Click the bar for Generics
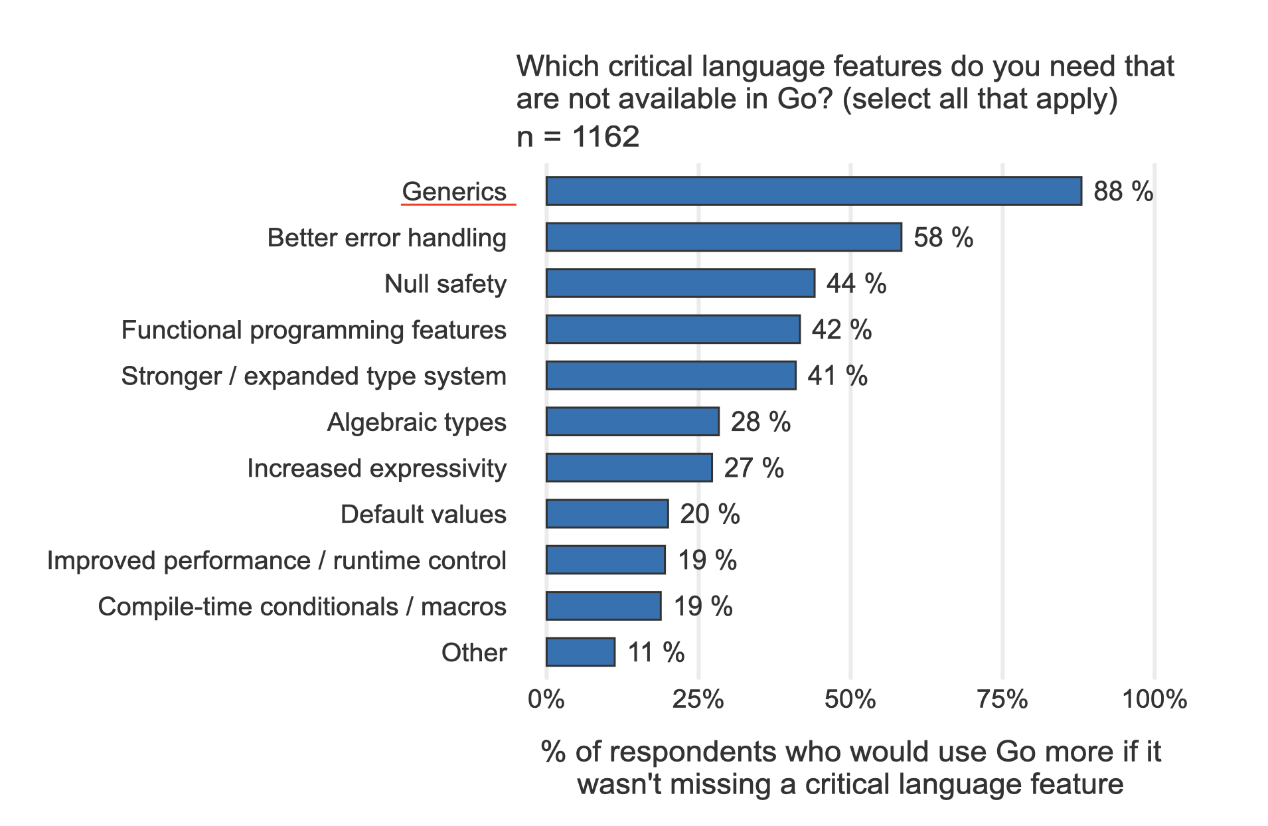pyautogui.click(x=813, y=191)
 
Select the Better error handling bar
pyautogui.click(x=724, y=238)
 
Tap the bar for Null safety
pyautogui.click(x=680, y=284)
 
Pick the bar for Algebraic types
pyautogui.click(x=632, y=422)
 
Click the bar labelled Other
pyautogui.click(x=580, y=652)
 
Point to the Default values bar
pyautogui.click(x=607, y=514)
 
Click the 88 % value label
pyautogui.click(x=1123, y=191)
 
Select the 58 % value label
pyautogui.click(x=943, y=238)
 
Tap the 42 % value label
pyautogui.click(x=841, y=330)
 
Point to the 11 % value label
pyautogui.click(x=655, y=652)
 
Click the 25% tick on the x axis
pyautogui.click(x=698, y=699)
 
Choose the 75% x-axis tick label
pyautogui.click(x=1002, y=699)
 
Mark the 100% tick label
pyautogui.click(x=1154, y=699)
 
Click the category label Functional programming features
pyautogui.click(x=313, y=330)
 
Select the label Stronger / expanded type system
pyautogui.click(x=313, y=376)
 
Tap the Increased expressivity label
pyautogui.click(x=376, y=468)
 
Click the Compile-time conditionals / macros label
pyautogui.click(x=302, y=606)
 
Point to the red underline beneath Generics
pyautogui.click(x=458, y=205)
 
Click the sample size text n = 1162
pyautogui.click(x=578, y=137)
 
